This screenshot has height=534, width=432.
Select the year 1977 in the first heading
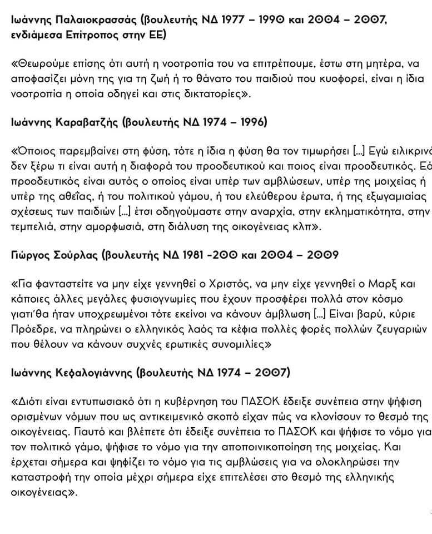coord(217,21)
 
